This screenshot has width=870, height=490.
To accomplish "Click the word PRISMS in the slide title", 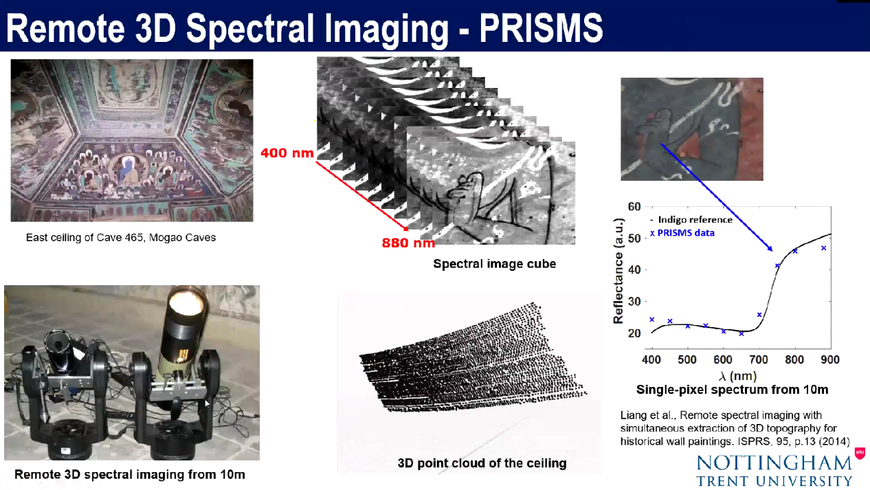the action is click(541, 28).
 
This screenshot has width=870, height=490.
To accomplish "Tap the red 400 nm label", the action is click(287, 153).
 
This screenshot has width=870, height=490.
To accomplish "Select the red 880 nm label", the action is click(408, 243).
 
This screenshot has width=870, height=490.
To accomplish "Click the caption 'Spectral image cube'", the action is click(494, 264).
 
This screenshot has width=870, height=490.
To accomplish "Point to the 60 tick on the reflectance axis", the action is click(634, 207).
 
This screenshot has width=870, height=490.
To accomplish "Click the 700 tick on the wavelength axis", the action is click(759, 359).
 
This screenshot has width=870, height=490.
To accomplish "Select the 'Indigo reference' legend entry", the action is click(691, 220).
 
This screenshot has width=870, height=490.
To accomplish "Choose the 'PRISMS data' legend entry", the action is click(682, 233).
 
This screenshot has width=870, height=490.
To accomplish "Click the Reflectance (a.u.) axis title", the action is click(618, 271).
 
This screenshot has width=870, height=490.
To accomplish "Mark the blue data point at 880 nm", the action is click(824, 248).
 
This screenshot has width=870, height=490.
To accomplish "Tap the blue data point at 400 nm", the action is click(652, 320).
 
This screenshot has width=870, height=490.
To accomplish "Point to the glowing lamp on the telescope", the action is click(186, 302).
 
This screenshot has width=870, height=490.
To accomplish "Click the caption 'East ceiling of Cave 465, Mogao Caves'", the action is click(121, 238).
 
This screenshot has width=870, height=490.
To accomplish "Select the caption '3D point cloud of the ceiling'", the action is click(482, 463).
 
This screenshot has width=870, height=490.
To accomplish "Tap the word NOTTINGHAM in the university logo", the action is click(774, 463).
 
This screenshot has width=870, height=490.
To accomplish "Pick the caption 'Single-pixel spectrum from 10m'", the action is click(732, 390).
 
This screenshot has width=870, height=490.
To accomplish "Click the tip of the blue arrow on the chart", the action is click(772, 252).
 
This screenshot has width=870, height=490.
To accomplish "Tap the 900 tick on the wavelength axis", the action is click(830, 359).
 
